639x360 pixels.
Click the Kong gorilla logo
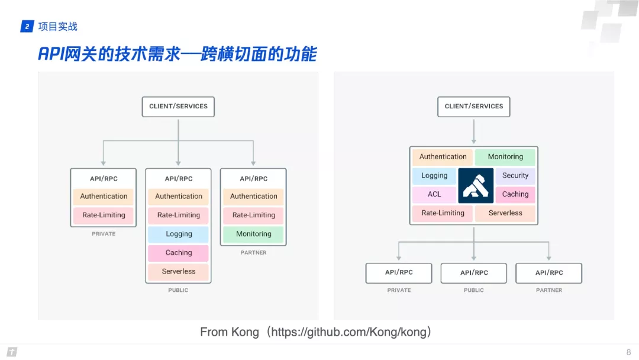(476, 185)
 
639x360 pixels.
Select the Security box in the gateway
(515, 176)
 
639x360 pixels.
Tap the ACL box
(434, 194)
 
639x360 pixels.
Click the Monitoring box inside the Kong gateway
(505, 157)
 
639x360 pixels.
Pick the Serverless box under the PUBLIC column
(179, 272)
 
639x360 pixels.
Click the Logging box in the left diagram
(179, 234)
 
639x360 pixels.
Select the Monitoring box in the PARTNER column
(253, 234)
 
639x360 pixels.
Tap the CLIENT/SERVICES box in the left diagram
(178, 107)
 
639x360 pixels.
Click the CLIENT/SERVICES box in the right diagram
(474, 107)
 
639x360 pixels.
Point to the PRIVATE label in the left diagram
(104, 234)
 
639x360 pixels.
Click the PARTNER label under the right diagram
(549, 290)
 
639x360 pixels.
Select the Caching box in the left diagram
(179, 253)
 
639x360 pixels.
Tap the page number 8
(628, 352)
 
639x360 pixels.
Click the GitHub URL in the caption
(349, 332)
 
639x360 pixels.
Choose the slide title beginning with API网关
(177, 54)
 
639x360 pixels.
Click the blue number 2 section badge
(27, 27)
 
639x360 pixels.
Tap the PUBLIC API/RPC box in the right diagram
(474, 273)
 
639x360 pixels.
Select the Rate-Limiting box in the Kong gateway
(443, 213)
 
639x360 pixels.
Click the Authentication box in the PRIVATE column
(104, 197)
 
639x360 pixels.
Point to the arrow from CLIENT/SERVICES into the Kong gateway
(474, 131)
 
